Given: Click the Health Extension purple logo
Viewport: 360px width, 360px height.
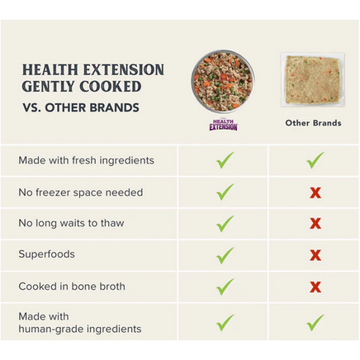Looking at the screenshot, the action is click(x=223, y=125).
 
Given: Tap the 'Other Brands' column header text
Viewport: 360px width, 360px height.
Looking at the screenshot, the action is click(x=313, y=123).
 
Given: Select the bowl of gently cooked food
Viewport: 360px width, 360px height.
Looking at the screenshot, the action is click(x=223, y=81).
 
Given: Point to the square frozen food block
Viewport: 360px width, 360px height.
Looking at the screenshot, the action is click(x=313, y=80).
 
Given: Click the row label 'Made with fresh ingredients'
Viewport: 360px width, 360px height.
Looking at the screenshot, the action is click(x=86, y=160).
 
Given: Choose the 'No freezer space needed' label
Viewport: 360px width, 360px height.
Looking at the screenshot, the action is click(x=81, y=192).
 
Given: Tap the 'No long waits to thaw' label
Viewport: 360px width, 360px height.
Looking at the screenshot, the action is click(x=71, y=223).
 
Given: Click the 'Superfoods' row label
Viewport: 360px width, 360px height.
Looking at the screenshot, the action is click(x=46, y=254).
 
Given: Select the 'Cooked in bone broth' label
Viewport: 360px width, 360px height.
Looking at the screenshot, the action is click(x=72, y=287).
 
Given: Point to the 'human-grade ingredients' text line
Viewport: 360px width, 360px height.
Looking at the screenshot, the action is click(x=80, y=329).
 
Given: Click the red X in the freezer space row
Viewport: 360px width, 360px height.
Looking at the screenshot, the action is click(x=315, y=193).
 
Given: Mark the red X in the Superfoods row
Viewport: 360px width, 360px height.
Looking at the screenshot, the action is click(x=315, y=255).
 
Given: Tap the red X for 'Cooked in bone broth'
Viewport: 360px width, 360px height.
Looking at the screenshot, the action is click(x=315, y=287).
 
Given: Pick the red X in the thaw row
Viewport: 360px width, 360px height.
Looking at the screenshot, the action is click(x=315, y=224).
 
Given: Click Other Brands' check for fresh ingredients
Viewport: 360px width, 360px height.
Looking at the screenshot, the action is click(x=315, y=160).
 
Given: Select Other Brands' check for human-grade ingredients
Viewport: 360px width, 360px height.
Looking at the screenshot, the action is click(x=315, y=323).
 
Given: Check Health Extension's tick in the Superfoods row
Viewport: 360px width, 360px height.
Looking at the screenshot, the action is click(x=225, y=255).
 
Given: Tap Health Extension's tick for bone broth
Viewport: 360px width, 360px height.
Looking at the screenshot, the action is click(x=225, y=287).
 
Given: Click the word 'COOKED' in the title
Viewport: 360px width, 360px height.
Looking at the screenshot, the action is click(x=111, y=87).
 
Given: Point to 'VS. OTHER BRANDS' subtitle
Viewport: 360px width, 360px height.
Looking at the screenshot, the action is click(x=81, y=107).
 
